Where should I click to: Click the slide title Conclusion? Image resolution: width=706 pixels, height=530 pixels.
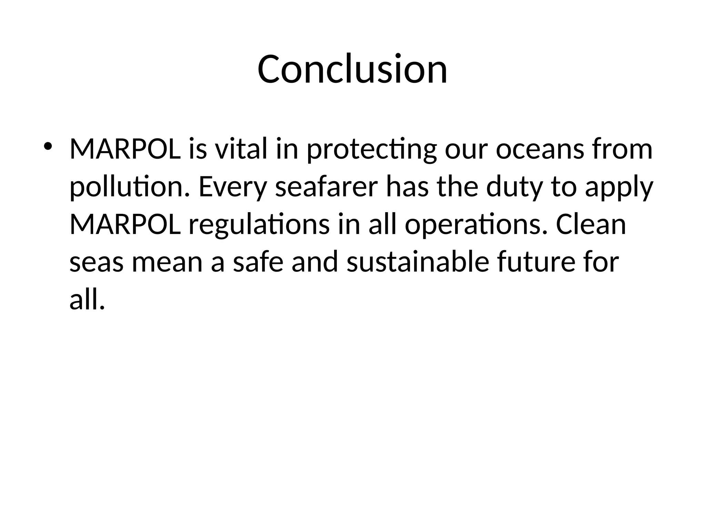(x=352, y=69)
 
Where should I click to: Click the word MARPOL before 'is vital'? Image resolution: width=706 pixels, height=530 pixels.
(x=125, y=149)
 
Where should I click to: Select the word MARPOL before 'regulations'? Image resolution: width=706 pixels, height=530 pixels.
(x=125, y=225)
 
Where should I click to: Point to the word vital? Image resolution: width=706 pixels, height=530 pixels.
(x=241, y=149)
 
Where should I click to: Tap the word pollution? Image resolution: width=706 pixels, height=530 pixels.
(x=130, y=187)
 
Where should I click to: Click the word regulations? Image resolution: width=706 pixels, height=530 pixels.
(x=259, y=225)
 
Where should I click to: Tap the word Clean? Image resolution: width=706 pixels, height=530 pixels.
(x=591, y=225)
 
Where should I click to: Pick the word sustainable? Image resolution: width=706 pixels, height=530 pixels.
(x=417, y=262)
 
